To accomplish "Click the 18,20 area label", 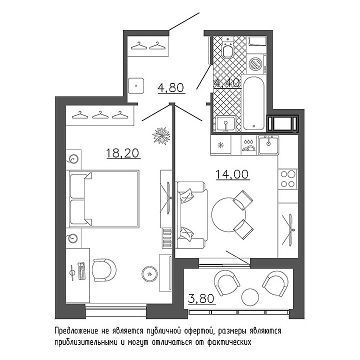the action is pyautogui.click(x=123, y=153).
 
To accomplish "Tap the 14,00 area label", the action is pyautogui.click(x=232, y=174).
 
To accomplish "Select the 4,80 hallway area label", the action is pyautogui.click(x=171, y=87).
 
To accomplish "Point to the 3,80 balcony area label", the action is pyautogui.click(x=201, y=298).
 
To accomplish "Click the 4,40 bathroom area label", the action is pyautogui.click(x=227, y=82).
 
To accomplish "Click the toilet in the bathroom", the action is pyautogui.click(x=228, y=47).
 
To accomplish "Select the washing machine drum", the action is pyautogui.click(x=255, y=64).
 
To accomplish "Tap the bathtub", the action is pyautogui.click(x=253, y=103).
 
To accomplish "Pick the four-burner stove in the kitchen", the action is pyautogui.click(x=288, y=179).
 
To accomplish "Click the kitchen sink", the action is pyautogui.click(x=268, y=145).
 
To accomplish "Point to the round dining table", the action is pyautogui.click(x=228, y=215).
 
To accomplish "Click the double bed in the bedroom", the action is pyautogui.click(x=102, y=199).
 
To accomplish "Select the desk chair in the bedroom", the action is pyautogui.click(x=104, y=270).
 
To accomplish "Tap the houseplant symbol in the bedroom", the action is pyautogui.click(x=161, y=135).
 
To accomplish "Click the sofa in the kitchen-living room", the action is pyautogui.click(x=191, y=215).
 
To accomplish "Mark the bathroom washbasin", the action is pyautogui.click(x=226, y=124).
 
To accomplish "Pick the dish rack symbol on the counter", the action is pyautogui.click(x=248, y=145).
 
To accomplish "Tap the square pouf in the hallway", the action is pyautogui.click(x=136, y=85).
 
